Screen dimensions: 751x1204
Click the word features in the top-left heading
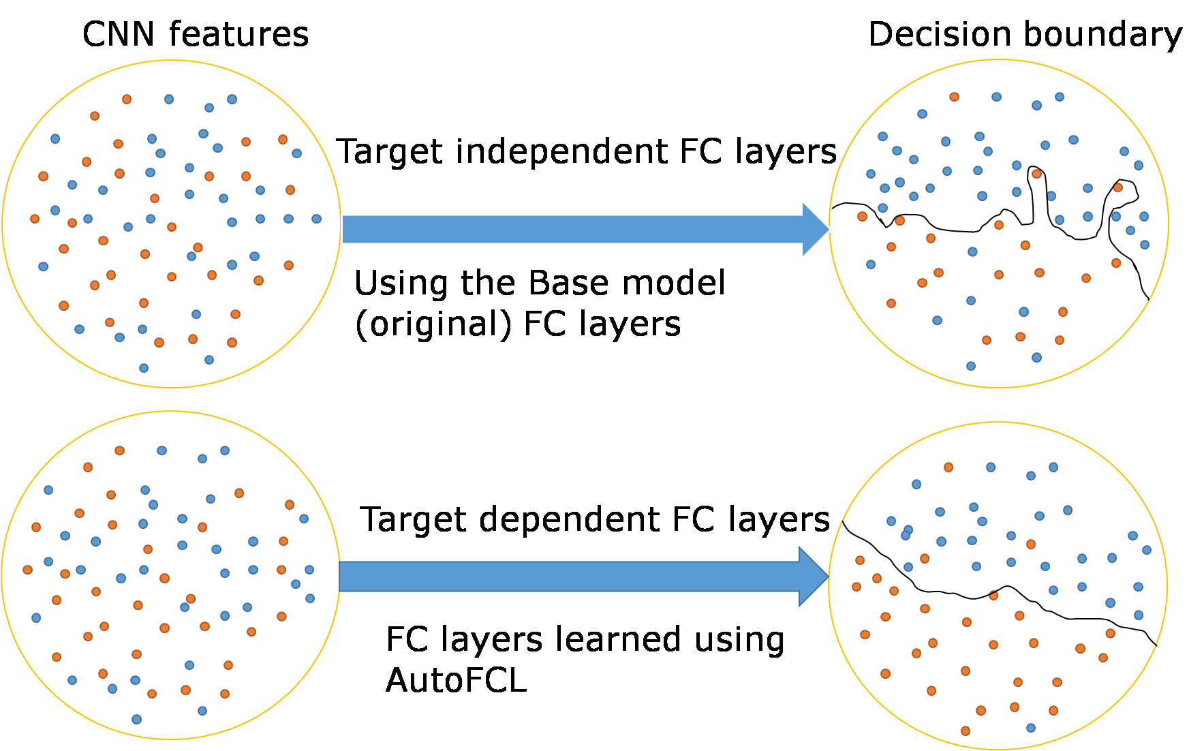pos(238,34)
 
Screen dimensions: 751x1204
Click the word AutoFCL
pos(456,680)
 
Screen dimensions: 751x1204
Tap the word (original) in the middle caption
pos(433,324)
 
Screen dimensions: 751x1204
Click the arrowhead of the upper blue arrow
pos(815,230)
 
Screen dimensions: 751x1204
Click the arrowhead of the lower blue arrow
pos(813,577)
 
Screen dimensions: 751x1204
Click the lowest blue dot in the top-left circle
pos(144,368)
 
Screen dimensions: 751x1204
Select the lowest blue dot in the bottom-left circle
pos(136,719)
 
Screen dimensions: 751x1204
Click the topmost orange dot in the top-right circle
pos(954,97)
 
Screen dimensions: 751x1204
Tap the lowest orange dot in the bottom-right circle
pos(965,731)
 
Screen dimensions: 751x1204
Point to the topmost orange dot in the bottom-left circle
pos(119,450)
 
